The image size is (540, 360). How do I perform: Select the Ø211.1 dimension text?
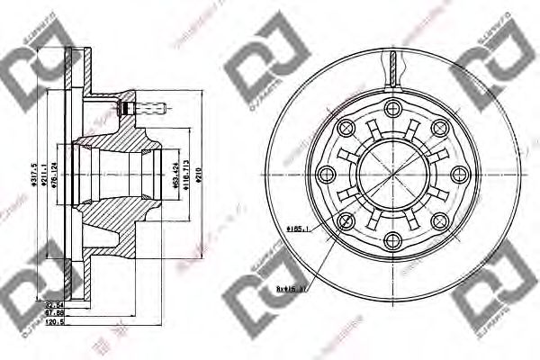pyautogui.click(x=43, y=167)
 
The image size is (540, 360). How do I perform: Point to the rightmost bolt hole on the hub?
pyautogui.click(x=456, y=175)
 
